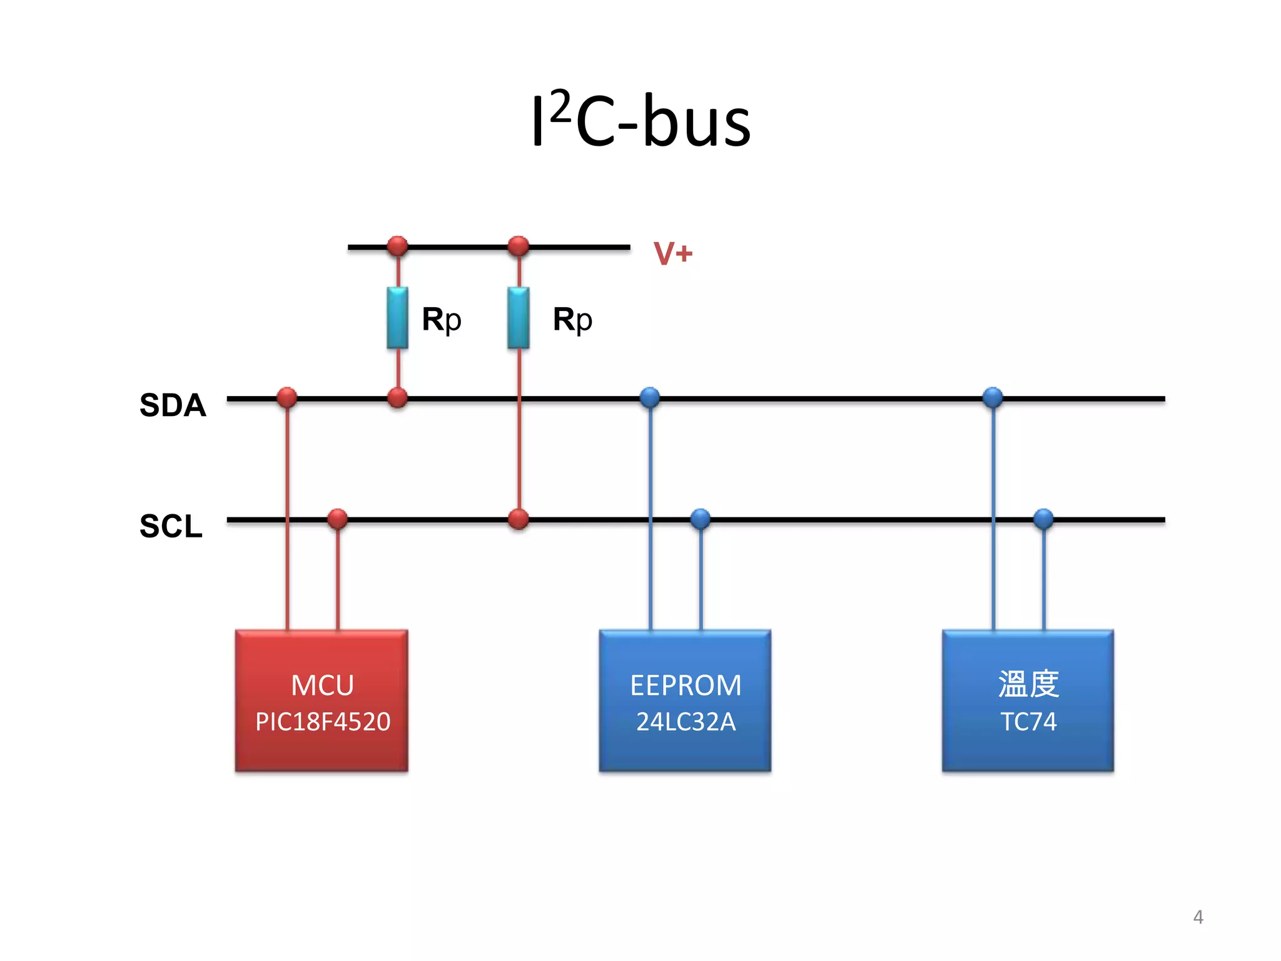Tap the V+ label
(672, 253)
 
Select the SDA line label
(173, 405)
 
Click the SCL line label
(171, 526)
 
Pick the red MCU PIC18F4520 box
(322, 701)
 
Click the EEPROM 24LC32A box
(685, 701)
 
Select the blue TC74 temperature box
(1028, 701)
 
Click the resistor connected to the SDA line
(397, 318)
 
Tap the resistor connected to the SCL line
(519, 318)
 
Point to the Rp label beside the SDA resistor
(442, 319)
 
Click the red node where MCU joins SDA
(286, 397)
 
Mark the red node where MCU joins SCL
(337, 519)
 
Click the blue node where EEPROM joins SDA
(650, 397)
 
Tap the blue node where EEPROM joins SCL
(701, 519)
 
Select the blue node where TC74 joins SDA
(993, 397)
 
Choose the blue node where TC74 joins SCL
(1043, 519)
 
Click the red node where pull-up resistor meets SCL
(519, 519)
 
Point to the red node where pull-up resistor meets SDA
(397, 397)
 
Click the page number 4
(1198, 917)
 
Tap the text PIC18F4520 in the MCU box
(323, 722)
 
